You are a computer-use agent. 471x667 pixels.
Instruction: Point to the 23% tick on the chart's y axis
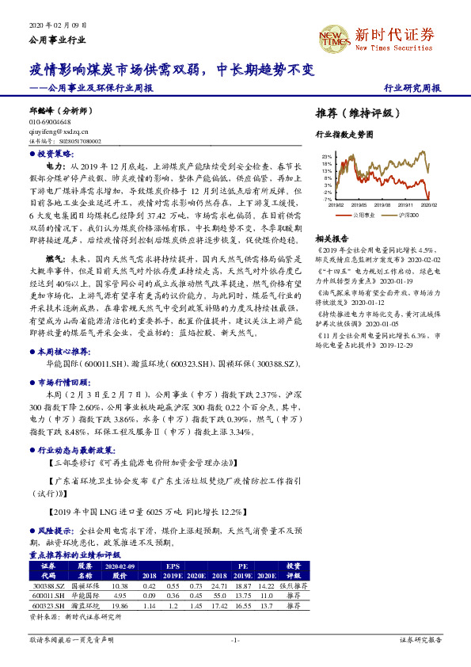pyautogui.click(x=327, y=157)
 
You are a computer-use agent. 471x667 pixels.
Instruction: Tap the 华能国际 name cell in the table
pyautogui.click(x=85, y=594)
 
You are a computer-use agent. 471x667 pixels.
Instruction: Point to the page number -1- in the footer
pyautogui.click(x=234, y=639)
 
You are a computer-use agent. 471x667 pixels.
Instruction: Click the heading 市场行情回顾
pyautogui.click(x=60, y=382)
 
